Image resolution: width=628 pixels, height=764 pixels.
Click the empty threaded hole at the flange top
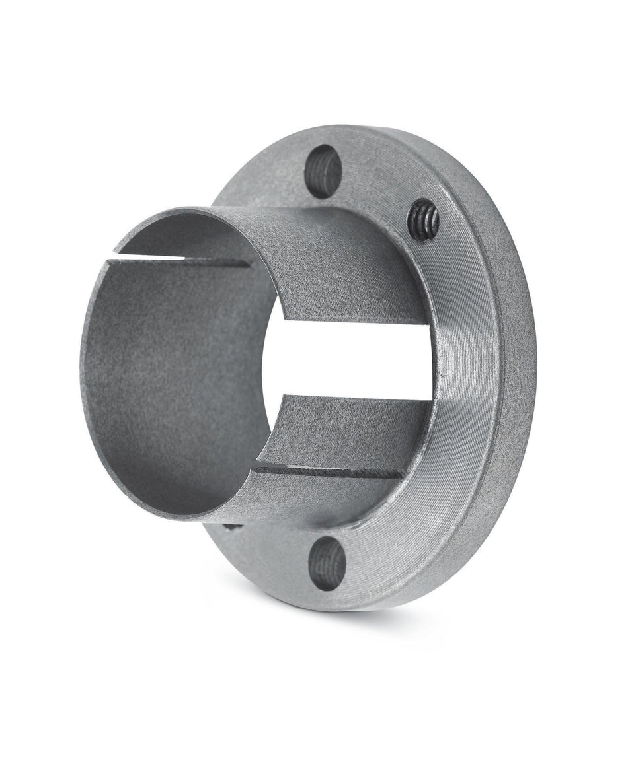pos(323,172)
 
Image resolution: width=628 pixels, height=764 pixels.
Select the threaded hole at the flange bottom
pos(327,563)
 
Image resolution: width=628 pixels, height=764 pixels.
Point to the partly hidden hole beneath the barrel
pos(231,526)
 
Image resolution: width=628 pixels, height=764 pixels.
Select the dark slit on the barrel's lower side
pos(331,470)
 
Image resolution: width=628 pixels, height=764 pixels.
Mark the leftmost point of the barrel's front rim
pos(81,363)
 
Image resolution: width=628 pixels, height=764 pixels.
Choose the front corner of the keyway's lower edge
pos(283,397)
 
